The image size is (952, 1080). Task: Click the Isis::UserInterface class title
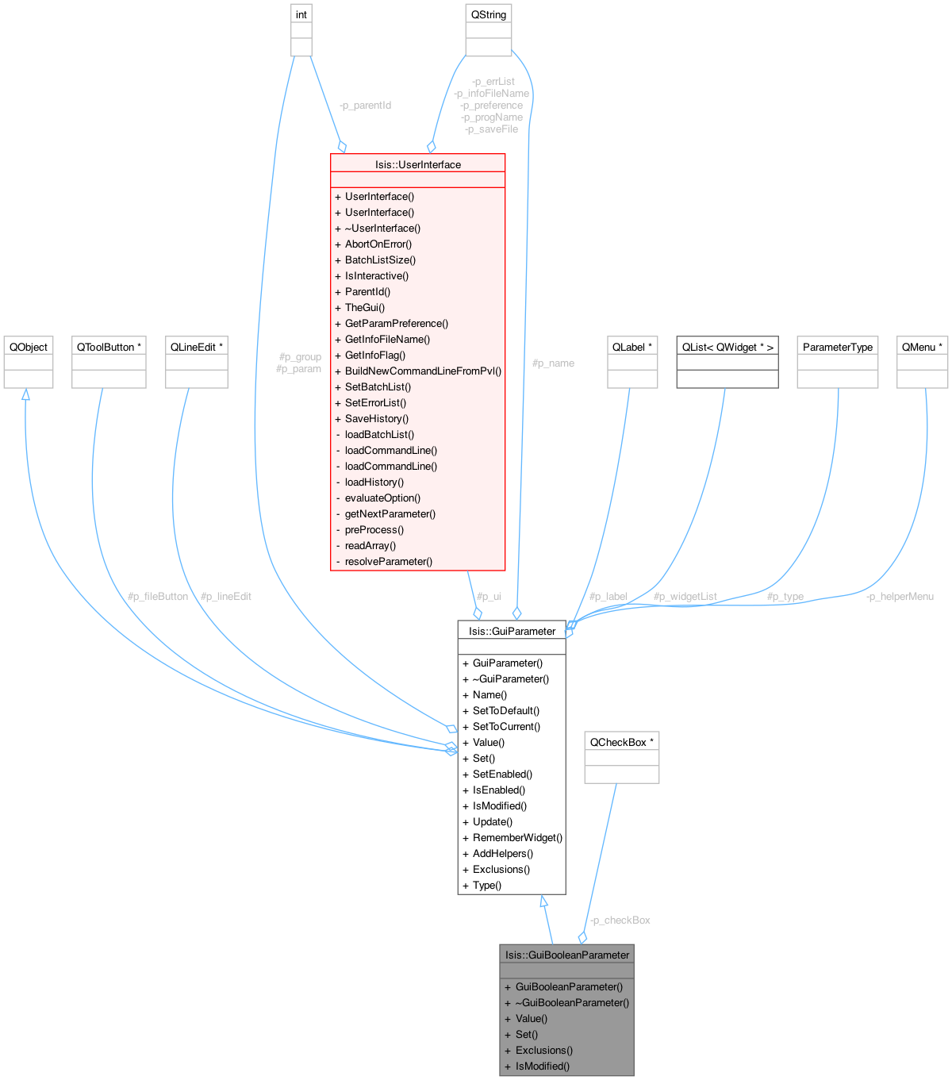[417, 164]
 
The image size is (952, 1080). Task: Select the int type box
[301, 14]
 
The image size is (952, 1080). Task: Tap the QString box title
[488, 14]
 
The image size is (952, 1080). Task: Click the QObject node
[29, 347]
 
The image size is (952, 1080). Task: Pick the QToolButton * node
[109, 347]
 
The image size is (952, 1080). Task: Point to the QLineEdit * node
[196, 347]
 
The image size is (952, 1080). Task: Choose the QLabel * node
[632, 347]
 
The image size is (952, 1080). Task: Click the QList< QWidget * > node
[727, 347]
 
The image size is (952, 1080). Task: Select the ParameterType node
[837, 347]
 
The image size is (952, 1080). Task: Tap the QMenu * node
[922, 347]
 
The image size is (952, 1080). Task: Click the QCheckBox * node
[621, 742]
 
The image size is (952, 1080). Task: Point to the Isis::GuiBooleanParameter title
[566, 955]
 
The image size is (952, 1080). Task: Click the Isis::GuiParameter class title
[512, 631]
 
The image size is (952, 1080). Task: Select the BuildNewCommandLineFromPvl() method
[423, 371]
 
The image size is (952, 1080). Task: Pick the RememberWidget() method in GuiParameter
[517, 837]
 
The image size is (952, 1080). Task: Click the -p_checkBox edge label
[620, 920]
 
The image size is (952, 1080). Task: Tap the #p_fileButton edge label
[158, 596]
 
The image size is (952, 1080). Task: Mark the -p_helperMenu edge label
[900, 596]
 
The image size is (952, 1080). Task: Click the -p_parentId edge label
[365, 105]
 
